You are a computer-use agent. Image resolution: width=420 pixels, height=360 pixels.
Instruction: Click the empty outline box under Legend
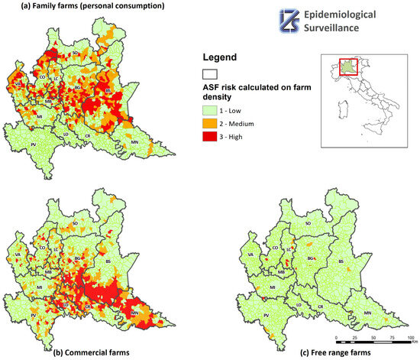209,74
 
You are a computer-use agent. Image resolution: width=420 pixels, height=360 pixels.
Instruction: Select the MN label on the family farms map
136,143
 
